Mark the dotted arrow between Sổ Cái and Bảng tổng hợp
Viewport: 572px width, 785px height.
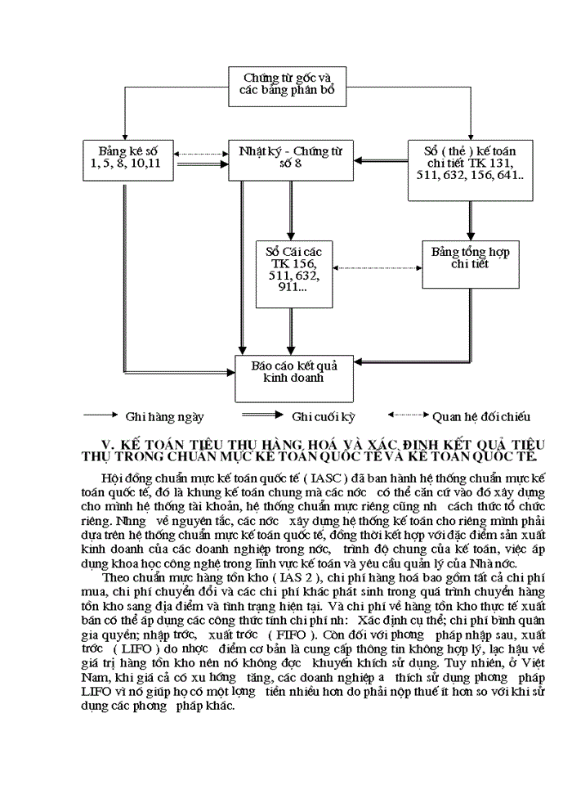[x=373, y=267]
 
